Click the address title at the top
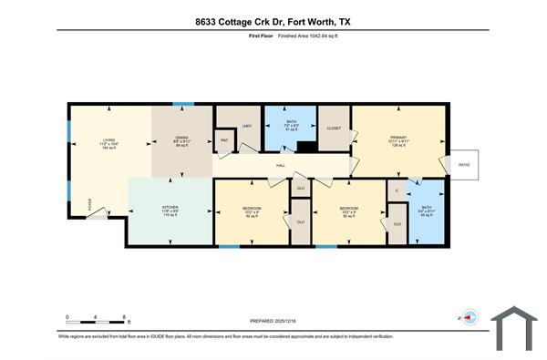[273, 20]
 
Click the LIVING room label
[108, 140]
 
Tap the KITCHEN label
[170, 208]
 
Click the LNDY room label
[245, 127]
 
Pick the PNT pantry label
[224, 141]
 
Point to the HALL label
[282, 166]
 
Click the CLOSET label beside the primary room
[334, 129]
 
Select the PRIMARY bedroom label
[397, 137]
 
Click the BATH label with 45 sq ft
[425, 211]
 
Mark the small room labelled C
[396, 190]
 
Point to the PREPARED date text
[273, 322]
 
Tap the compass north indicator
[469, 318]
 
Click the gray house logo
[515, 328]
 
